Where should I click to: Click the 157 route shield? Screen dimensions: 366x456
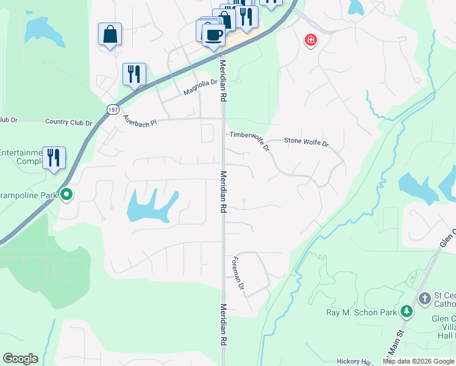[x=112, y=110]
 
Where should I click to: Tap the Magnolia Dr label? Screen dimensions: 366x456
[x=201, y=88]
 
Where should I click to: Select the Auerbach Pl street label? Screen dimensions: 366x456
[x=140, y=120]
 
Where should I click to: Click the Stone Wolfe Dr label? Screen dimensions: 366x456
[x=306, y=143]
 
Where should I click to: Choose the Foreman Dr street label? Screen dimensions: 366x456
[x=238, y=273]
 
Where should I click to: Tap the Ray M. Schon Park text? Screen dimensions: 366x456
[x=362, y=312]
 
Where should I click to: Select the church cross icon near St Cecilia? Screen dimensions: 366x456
[x=425, y=298]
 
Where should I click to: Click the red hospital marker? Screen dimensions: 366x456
[x=311, y=40]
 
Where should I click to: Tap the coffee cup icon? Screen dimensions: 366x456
[x=213, y=34]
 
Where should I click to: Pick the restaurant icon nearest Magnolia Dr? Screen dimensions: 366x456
[x=134, y=74]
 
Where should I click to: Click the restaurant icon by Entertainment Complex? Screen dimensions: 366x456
[x=54, y=157]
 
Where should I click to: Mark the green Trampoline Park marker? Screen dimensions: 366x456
[x=67, y=195]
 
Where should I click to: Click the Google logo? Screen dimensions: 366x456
[x=20, y=359]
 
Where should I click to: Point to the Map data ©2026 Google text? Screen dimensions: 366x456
[x=419, y=361]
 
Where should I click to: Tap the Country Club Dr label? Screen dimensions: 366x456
[x=68, y=122]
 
